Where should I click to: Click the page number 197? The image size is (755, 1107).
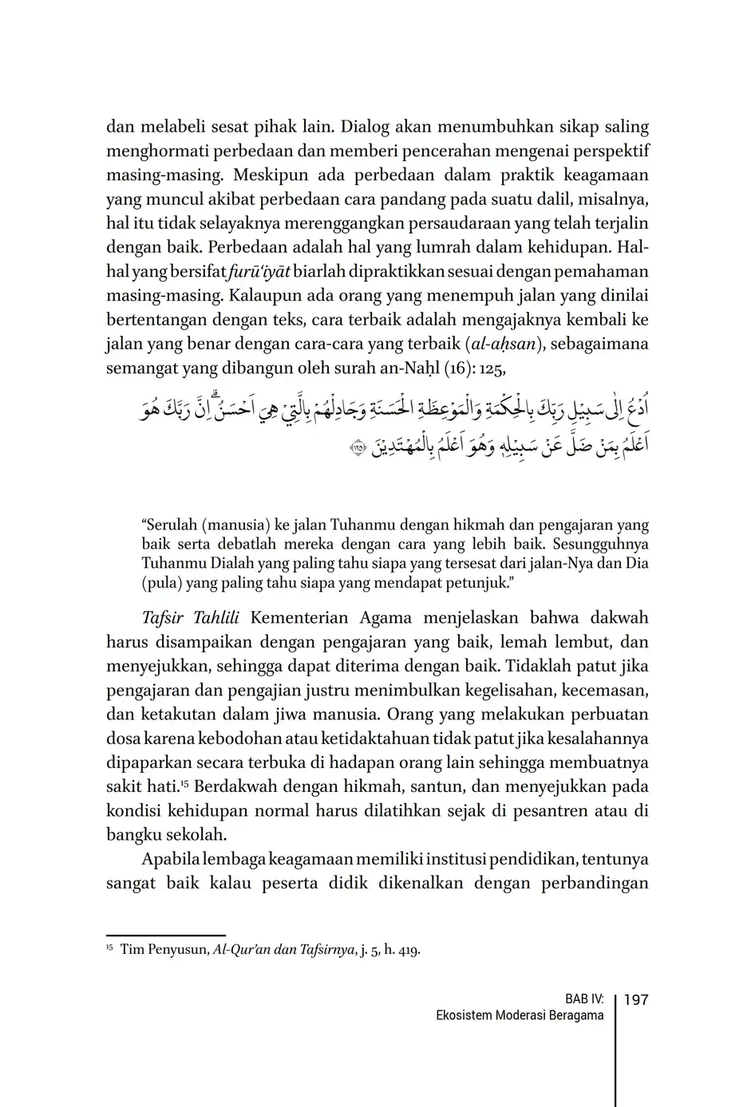click(635, 999)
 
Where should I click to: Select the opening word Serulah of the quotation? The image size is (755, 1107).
click(170, 525)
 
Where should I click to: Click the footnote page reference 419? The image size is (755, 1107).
click(408, 950)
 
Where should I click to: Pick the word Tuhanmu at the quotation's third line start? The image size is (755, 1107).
click(172, 563)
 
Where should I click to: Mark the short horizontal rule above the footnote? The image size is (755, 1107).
click(166, 936)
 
